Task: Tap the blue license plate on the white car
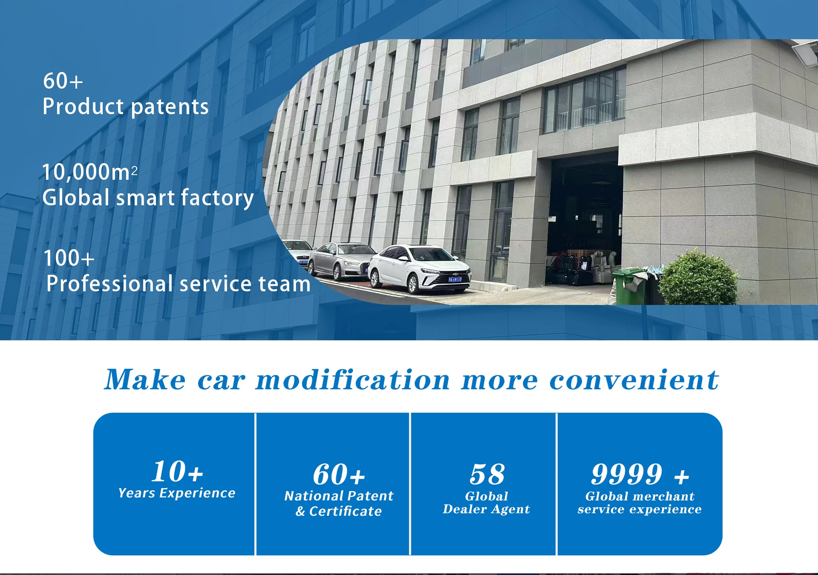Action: (x=455, y=279)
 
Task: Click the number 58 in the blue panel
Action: (x=487, y=474)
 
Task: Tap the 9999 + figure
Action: (x=640, y=474)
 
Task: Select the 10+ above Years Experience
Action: (x=177, y=471)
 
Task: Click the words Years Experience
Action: (x=177, y=493)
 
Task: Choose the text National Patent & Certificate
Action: (x=339, y=503)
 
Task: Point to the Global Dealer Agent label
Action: (x=487, y=503)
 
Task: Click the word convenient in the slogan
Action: (x=634, y=379)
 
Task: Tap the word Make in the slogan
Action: (x=145, y=379)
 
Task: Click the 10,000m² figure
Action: (x=90, y=172)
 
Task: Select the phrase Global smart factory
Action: (x=148, y=198)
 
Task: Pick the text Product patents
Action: (x=126, y=106)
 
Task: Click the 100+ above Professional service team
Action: (x=69, y=258)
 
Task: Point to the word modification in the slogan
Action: (x=353, y=379)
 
